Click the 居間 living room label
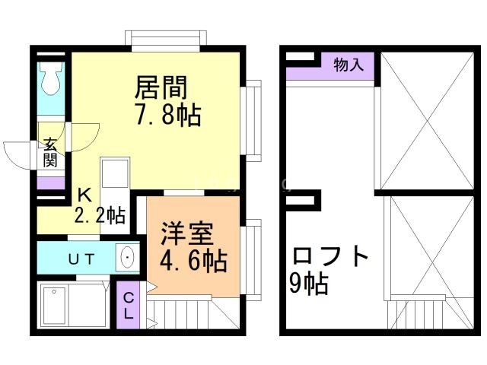[x=161, y=87]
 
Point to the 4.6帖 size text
[x=193, y=262]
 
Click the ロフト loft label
[x=328, y=255]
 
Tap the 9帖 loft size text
[x=308, y=284]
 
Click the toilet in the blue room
[x=52, y=78]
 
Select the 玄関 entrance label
[x=50, y=151]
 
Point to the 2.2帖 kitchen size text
[x=100, y=216]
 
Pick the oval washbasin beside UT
[x=126, y=257]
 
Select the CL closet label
[x=129, y=304]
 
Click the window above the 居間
[x=166, y=37]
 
